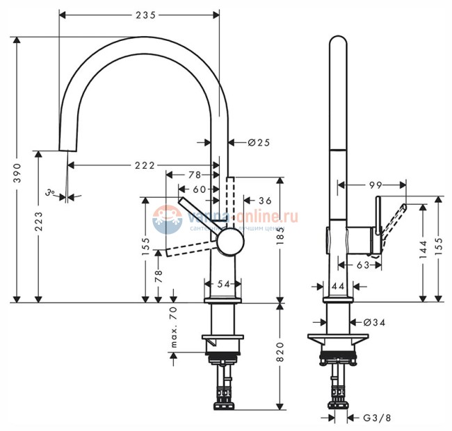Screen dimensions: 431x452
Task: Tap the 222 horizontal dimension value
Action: click(145, 165)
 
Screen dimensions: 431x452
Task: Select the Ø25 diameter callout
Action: click(258, 142)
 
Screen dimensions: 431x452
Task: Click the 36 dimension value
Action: click(264, 201)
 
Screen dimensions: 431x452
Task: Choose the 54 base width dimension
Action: click(222, 284)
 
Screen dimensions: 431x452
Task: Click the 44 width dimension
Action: click(338, 286)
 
